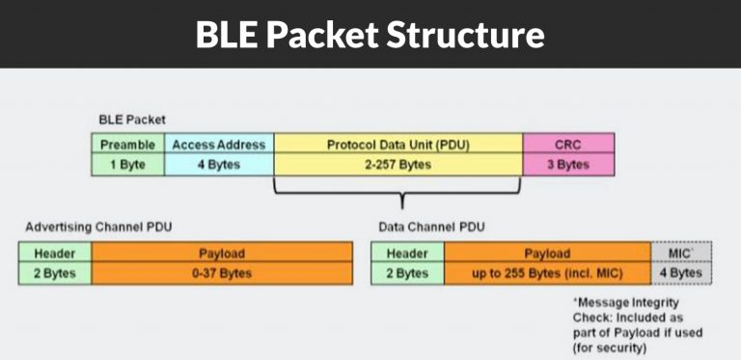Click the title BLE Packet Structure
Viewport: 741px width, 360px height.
(370, 35)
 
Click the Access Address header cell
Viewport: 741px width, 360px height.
(218, 145)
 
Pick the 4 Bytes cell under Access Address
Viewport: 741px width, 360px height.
(218, 164)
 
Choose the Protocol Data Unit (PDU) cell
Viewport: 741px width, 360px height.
(398, 145)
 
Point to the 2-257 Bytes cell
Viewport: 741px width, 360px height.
(398, 164)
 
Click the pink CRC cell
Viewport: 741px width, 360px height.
(567, 145)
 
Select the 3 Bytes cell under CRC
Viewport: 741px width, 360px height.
(567, 164)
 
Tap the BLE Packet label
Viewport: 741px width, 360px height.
(132, 121)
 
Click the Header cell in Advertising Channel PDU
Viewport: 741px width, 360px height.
(55, 254)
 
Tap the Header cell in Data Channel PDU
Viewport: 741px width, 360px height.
(407, 254)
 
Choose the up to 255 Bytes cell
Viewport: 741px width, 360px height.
(547, 273)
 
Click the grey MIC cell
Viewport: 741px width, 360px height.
(681, 253)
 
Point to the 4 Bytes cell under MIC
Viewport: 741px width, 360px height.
(681, 273)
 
